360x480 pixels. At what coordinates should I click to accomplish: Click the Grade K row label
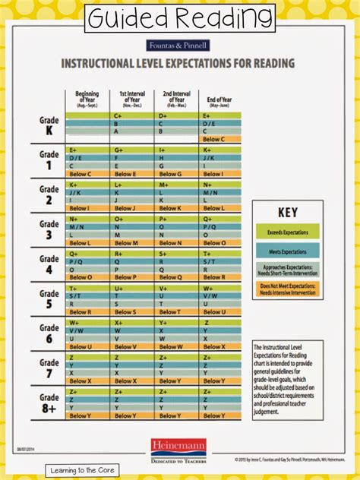[49, 125]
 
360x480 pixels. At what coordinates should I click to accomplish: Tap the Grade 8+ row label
[49, 403]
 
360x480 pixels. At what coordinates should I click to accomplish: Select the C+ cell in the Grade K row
[118, 115]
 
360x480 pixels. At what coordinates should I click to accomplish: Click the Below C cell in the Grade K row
[214, 140]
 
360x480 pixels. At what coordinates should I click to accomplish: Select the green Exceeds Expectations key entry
[287, 231]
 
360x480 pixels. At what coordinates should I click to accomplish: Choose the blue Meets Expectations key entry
[287, 251]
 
